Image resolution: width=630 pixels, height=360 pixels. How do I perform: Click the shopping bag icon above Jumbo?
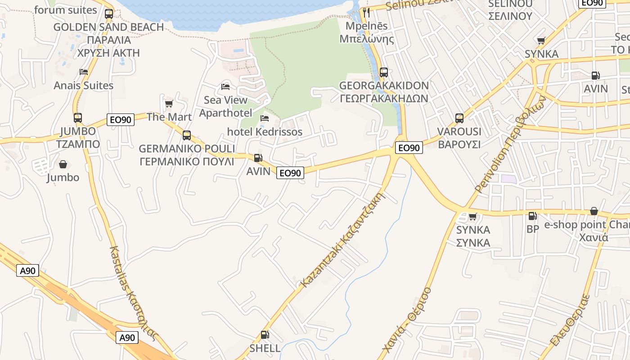click(63, 165)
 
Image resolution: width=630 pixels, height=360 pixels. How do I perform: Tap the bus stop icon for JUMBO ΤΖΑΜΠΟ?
click(78, 118)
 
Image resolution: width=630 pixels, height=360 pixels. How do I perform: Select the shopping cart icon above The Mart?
click(169, 104)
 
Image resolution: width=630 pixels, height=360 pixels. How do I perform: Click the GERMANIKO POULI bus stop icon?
click(187, 135)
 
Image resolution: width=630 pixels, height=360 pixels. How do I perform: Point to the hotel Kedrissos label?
click(265, 132)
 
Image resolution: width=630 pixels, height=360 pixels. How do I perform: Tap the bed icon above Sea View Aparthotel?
click(225, 86)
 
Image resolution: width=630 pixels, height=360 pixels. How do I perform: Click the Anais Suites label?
click(84, 85)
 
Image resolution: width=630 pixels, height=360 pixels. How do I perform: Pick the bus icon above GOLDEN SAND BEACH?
click(109, 13)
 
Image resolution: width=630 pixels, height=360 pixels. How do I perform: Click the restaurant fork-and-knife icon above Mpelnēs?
click(366, 13)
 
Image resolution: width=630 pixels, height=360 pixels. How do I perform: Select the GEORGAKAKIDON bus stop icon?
click(384, 72)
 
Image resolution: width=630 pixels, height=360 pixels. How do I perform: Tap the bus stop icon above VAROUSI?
click(459, 118)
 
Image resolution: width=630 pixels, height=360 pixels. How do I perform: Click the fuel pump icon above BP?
click(533, 216)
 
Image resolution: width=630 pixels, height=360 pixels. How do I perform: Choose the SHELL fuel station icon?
click(265, 335)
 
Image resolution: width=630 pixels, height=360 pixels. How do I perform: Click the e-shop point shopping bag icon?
click(594, 211)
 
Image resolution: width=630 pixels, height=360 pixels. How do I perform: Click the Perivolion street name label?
click(511, 144)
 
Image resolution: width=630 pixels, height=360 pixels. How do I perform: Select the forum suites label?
click(65, 10)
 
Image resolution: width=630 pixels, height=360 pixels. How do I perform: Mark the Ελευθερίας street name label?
click(570, 320)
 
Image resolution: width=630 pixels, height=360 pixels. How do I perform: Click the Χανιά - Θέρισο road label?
click(406, 320)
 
